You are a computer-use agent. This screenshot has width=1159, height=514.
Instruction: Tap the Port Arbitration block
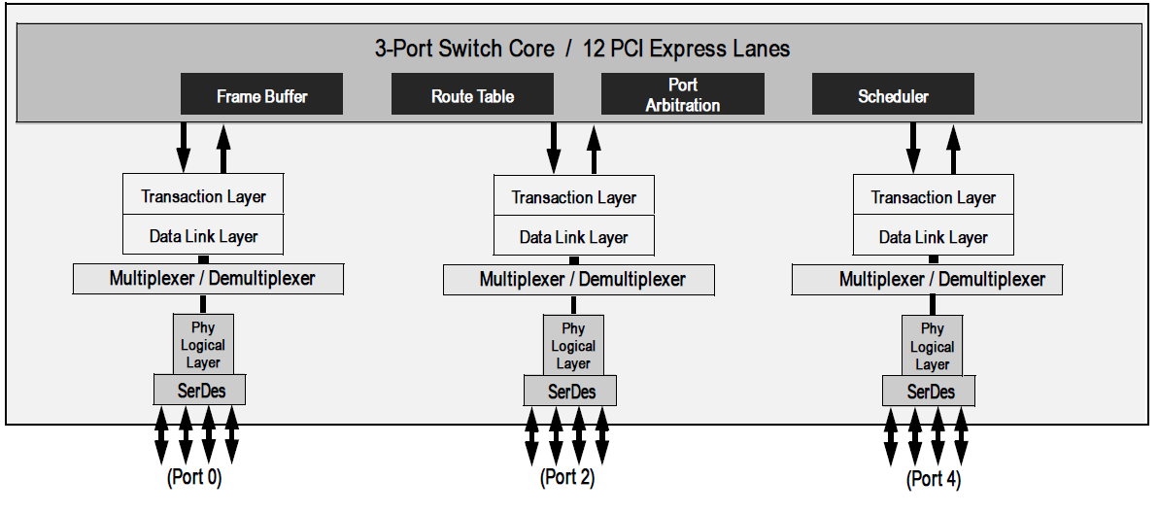pyautogui.click(x=682, y=95)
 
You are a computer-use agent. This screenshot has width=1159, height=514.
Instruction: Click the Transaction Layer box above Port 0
pyautogui.click(x=203, y=195)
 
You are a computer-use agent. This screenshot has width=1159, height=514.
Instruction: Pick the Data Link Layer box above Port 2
pyautogui.click(x=573, y=236)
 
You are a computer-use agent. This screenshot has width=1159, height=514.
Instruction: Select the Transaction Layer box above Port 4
pyautogui.click(x=933, y=196)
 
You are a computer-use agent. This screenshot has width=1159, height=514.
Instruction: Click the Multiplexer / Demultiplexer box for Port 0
pyautogui.click(x=211, y=279)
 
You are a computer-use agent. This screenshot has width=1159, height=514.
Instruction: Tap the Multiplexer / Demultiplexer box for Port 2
pyautogui.click(x=580, y=280)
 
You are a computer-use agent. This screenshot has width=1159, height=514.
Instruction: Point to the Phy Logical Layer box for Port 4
pyautogui.click(x=932, y=346)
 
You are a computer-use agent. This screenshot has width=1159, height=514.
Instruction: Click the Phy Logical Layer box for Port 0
pyautogui.click(x=203, y=345)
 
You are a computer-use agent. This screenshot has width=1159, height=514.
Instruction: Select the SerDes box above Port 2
pyautogui.click(x=571, y=392)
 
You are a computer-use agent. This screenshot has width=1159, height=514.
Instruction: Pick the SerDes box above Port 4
pyautogui.click(x=930, y=392)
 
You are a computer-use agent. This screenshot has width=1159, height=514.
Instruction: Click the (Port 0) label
pyautogui.click(x=194, y=477)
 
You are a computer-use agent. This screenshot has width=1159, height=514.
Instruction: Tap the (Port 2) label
pyautogui.click(x=567, y=477)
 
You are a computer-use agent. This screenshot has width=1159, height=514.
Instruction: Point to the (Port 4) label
pyautogui.click(x=933, y=478)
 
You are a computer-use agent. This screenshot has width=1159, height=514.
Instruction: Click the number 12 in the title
pyautogui.click(x=595, y=48)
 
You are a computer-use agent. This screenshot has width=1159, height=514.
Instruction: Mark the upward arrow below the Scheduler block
pyautogui.click(x=953, y=147)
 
